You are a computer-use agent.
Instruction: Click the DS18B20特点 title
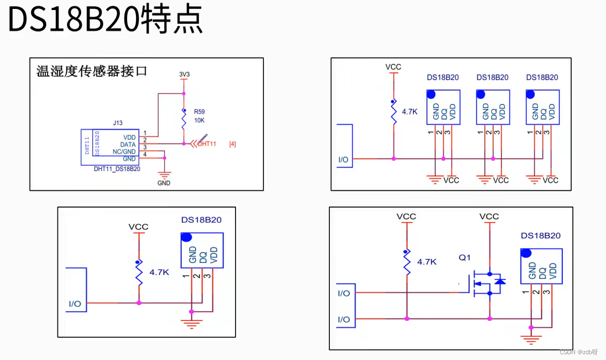tap(105, 20)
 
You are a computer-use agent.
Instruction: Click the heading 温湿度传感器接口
tap(92, 71)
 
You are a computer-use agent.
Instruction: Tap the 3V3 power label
tap(184, 74)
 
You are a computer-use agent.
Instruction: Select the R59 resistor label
tap(199, 112)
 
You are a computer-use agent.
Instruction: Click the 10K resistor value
tap(199, 120)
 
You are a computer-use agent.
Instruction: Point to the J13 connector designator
tap(118, 123)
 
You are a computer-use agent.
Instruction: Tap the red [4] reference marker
tap(232, 144)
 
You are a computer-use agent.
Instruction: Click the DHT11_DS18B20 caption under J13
tap(117, 169)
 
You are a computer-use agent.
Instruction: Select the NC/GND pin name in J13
tap(124, 151)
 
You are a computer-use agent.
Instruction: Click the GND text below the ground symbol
tap(164, 183)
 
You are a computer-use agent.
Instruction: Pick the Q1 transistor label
tap(464, 258)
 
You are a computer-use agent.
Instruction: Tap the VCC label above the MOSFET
tap(489, 217)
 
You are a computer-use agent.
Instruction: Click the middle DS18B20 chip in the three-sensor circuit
tap(493, 107)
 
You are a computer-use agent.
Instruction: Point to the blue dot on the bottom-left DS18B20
tap(185, 237)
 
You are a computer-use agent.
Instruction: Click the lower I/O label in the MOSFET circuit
tap(344, 319)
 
